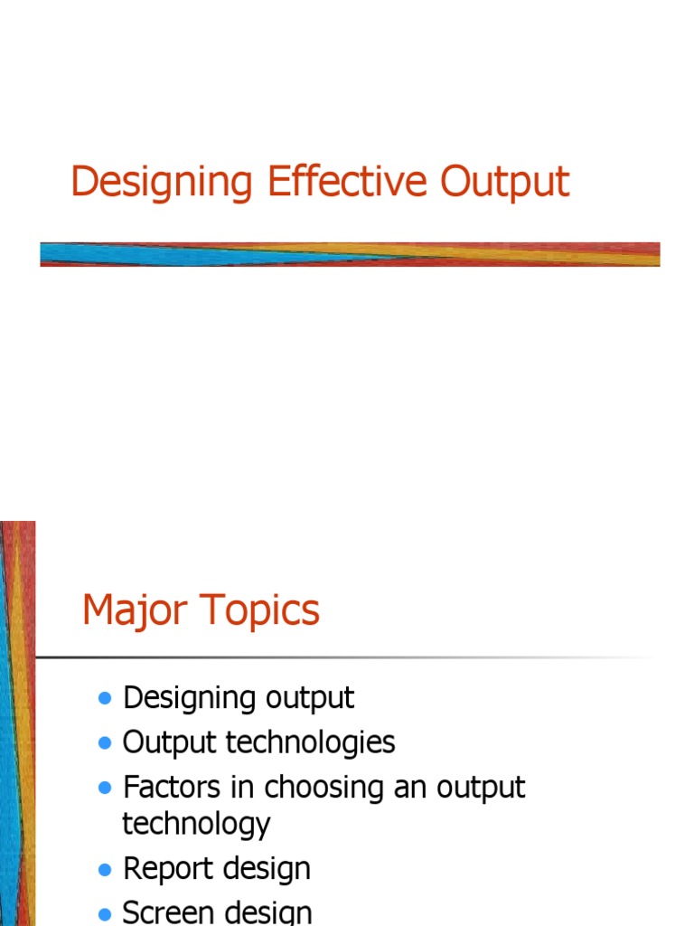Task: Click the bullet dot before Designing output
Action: tap(105, 699)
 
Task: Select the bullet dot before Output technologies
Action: tap(105, 743)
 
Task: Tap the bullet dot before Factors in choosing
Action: tap(105, 789)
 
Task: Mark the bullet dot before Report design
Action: tap(105, 870)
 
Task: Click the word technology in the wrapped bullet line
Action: tap(196, 825)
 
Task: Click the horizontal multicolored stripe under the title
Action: tap(350, 254)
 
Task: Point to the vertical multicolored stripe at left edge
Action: tap(17, 723)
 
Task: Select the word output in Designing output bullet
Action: tap(310, 699)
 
